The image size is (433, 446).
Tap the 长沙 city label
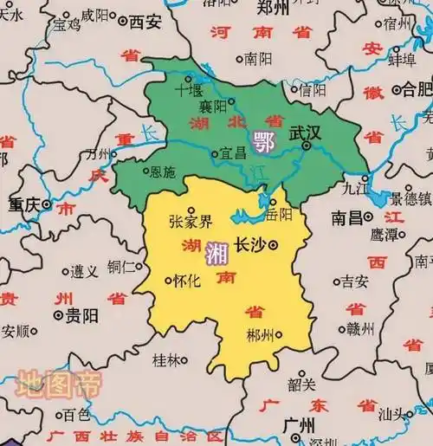[251, 245]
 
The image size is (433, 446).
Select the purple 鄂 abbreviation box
[261, 139]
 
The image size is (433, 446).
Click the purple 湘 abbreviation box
[216, 253]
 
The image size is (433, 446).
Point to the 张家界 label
[190, 220]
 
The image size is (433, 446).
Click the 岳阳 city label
[281, 214]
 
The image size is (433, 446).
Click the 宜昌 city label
[233, 153]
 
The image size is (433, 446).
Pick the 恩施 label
[162, 172]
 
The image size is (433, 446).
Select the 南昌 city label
[346, 217]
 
